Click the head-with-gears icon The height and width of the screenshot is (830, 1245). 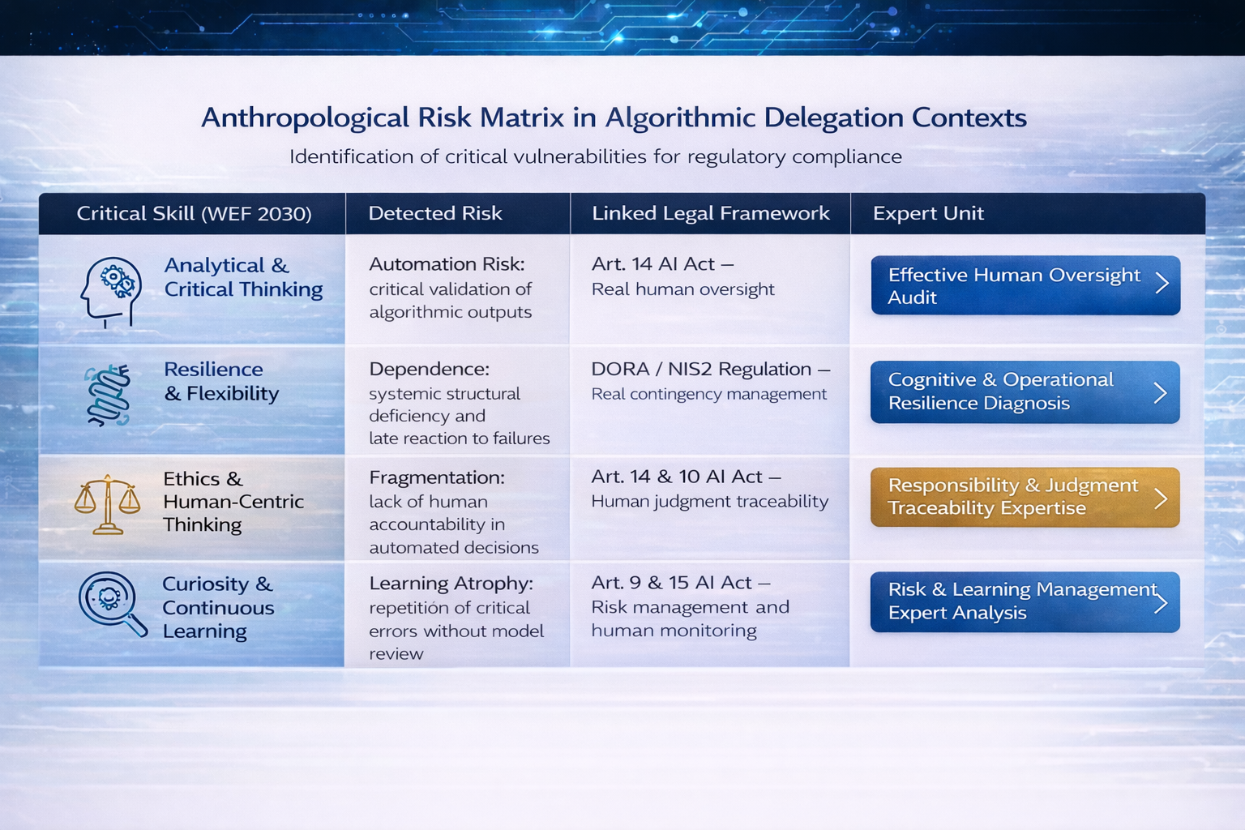pos(110,292)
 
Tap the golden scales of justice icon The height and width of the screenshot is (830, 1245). pos(107,504)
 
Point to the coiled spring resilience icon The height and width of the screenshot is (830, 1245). pos(109,396)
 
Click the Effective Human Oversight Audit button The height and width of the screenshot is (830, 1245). pos(1025,285)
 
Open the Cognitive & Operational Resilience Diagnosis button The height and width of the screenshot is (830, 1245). pos(1025,392)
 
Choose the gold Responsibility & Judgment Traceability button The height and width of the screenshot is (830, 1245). pos(1025,497)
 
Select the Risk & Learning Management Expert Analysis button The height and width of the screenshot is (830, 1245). pos(1025,601)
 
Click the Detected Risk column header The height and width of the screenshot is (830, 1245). pos(435,213)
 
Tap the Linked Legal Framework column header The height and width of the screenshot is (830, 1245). pos(710,213)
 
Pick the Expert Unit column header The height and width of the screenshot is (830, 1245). pos(928,213)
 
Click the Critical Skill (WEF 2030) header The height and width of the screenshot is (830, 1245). pos(194,213)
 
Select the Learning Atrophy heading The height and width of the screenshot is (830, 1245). pos(451,583)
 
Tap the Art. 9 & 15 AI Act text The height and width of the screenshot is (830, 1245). pos(671,583)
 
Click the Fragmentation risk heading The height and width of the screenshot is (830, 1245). pos(437,477)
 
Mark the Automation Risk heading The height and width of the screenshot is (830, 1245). pos(447,264)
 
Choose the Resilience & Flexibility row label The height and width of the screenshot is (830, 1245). pos(221,382)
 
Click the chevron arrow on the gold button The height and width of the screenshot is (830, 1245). pos(1161,498)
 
